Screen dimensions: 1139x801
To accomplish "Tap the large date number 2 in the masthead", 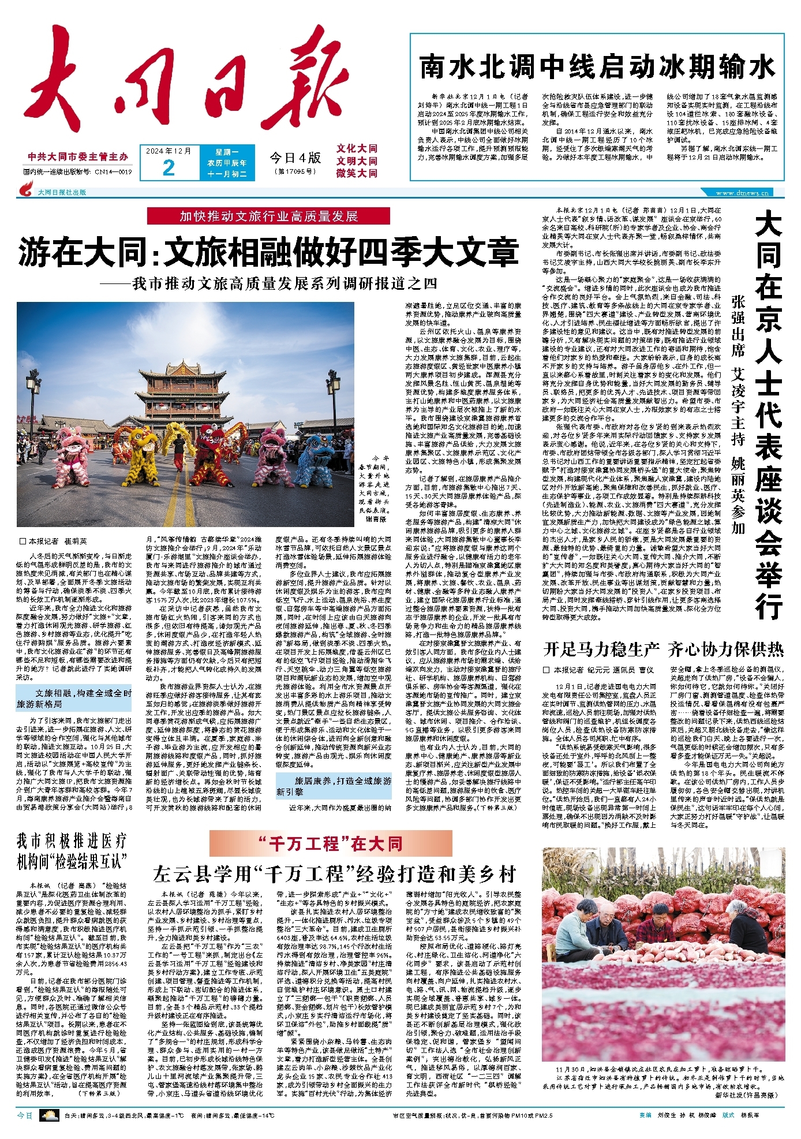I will [x=169, y=167].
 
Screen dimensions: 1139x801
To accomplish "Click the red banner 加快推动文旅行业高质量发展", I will [x=268, y=216].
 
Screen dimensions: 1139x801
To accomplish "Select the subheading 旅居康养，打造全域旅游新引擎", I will [x=334, y=786].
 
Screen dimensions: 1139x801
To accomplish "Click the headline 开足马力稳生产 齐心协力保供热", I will [x=663, y=650].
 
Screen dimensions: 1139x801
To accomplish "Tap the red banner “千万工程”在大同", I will [x=331, y=844].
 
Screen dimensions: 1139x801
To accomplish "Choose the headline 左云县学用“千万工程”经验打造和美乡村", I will [x=334, y=875].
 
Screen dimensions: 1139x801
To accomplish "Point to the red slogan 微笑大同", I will [x=357, y=173].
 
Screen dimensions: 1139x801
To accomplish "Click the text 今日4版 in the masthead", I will [x=295, y=158].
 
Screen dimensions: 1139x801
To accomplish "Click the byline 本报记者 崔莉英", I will [x=53, y=542].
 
